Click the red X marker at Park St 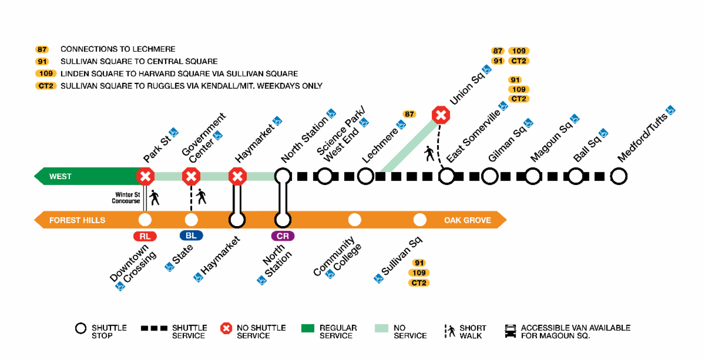pos(145,176)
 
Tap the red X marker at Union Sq pos(441,115)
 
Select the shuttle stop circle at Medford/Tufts pos(618,176)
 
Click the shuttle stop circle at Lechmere pos(365,176)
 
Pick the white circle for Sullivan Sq pos(419,220)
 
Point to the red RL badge pos(145,236)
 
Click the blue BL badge pos(191,236)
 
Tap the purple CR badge pos(283,236)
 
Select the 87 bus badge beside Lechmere pos(409,114)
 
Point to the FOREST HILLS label pos(78,220)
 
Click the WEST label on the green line pos(61,176)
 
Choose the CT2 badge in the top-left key pos(45,86)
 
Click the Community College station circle pos(354,220)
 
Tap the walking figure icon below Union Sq pos(430,154)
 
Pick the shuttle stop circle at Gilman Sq pos(489,176)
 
